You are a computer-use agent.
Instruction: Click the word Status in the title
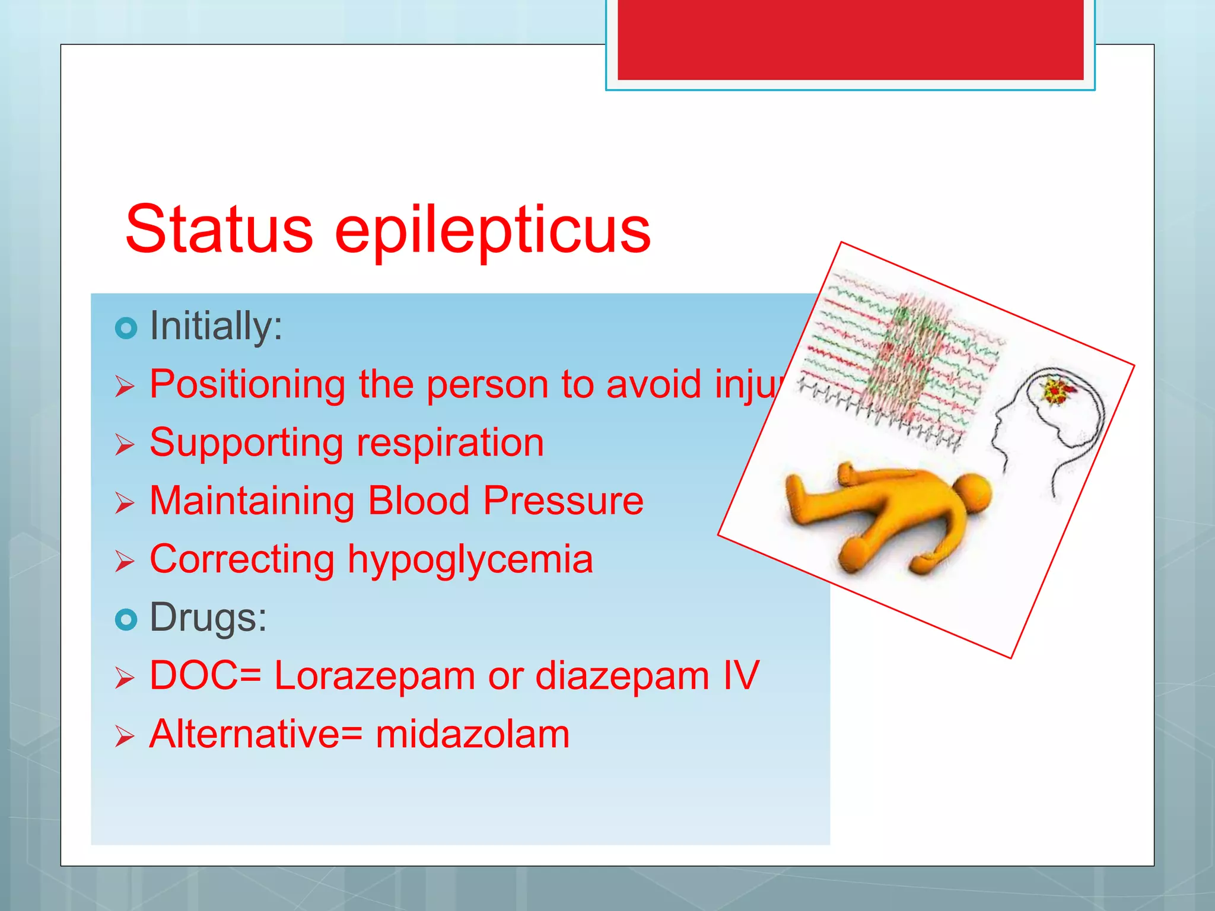coord(219,230)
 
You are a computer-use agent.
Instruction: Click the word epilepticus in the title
coord(492,231)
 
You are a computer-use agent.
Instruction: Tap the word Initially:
coord(216,326)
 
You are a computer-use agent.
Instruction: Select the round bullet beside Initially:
coord(126,327)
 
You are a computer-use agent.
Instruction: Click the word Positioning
coord(247,385)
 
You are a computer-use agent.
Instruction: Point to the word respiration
coord(450,442)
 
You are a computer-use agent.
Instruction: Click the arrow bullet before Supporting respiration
coord(125,444)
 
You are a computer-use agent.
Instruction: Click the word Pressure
coord(563,501)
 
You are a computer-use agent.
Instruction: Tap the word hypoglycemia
coord(470,559)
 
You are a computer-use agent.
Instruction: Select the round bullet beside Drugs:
coord(126,619)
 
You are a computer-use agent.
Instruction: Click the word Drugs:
coord(208,617)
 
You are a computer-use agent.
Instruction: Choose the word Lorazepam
coord(374,676)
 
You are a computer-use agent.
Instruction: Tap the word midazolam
coord(472,734)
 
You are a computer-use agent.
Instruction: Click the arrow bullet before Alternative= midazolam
coord(125,736)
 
